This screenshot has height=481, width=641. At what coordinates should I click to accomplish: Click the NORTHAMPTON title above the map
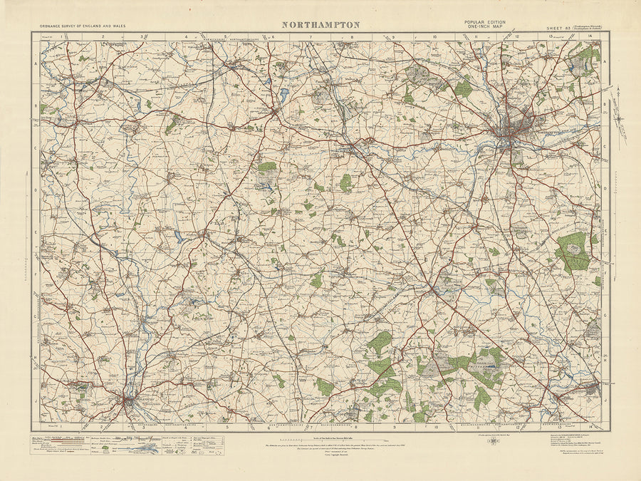320,24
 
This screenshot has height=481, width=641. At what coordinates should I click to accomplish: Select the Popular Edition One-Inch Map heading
486,24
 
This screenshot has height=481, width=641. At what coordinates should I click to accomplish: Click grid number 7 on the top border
310,36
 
